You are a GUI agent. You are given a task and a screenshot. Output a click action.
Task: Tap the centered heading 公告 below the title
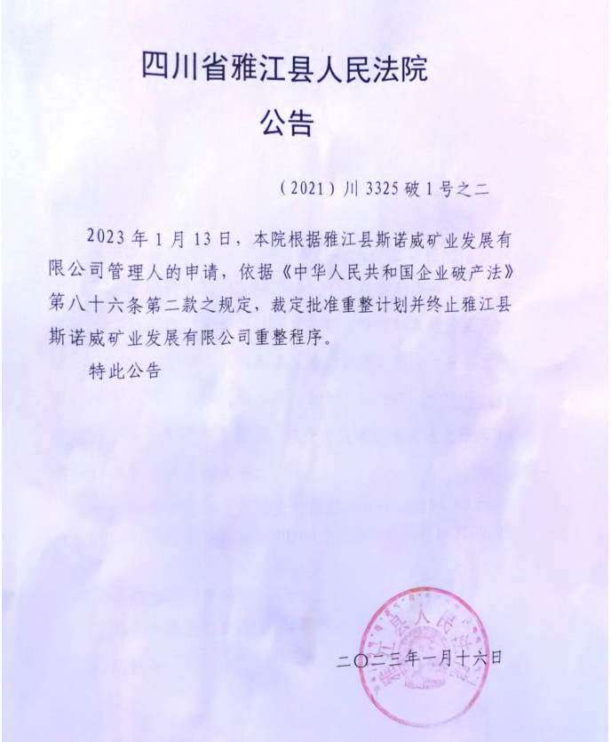pos(286,123)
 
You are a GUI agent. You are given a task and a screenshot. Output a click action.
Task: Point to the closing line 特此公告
pos(125,372)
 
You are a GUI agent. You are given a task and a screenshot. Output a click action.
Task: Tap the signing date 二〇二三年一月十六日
pos(421,658)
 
